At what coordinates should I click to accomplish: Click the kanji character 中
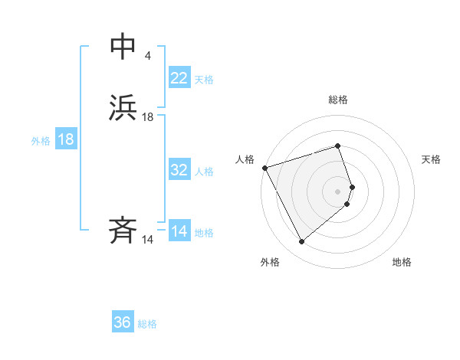(123, 47)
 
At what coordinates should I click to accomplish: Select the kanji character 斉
(123, 231)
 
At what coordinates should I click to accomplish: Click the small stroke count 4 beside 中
(147, 57)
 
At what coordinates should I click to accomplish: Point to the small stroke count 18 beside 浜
(148, 117)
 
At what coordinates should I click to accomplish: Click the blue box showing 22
(179, 78)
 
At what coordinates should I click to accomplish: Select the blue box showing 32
(179, 170)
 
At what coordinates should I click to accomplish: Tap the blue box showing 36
(123, 322)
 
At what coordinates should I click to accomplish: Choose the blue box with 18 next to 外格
(66, 140)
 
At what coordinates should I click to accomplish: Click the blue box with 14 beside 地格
(179, 231)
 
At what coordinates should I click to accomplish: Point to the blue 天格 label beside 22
(204, 80)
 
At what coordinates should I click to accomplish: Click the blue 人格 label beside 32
(204, 172)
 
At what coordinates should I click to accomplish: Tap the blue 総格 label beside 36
(147, 324)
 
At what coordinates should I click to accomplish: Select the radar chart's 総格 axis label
(338, 100)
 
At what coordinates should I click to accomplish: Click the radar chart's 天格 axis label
(432, 159)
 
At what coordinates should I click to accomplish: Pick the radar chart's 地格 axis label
(402, 262)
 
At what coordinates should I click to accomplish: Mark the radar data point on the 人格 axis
(264, 167)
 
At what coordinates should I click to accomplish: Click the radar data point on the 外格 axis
(301, 242)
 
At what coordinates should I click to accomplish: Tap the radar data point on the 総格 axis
(338, 146)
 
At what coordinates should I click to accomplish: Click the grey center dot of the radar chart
(338, 191)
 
